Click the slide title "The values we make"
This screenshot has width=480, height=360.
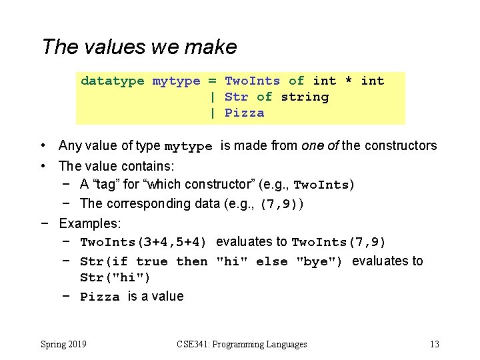(139, 47)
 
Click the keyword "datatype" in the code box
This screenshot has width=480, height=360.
(112, 81)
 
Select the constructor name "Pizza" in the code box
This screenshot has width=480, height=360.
(244, 113)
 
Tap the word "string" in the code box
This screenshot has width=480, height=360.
(305, 97)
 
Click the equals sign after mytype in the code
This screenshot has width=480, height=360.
(212, 81)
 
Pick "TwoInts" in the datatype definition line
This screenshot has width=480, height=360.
(252, 81)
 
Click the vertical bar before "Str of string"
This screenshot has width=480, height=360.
(212, 97)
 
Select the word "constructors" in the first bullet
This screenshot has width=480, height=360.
(397, 145)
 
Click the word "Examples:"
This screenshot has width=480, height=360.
(89, 223)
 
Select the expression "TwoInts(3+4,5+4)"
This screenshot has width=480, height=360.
(143, 242)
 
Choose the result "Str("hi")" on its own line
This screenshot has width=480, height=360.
(115, 277)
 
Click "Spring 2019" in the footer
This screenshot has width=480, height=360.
(63, 344)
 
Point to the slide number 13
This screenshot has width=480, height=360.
(434, 344)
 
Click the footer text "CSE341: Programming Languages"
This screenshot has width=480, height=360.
(242, 344)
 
